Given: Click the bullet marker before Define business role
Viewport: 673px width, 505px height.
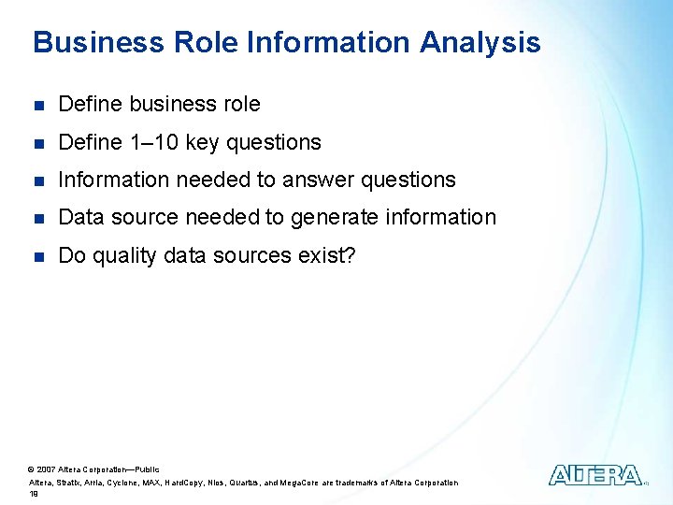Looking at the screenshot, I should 37,105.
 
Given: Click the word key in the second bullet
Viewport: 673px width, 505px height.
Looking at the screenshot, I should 201,142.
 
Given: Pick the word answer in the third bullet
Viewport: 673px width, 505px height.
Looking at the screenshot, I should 319,180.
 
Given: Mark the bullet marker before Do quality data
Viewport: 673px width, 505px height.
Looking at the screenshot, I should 37,254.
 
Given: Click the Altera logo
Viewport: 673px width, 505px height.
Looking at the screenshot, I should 595,475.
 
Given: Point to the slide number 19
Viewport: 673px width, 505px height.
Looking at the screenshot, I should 34,494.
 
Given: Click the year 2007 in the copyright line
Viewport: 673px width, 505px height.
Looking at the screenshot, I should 47,469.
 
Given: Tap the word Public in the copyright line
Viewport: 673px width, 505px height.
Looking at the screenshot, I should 148,469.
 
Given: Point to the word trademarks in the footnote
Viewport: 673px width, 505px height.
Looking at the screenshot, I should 363,483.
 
